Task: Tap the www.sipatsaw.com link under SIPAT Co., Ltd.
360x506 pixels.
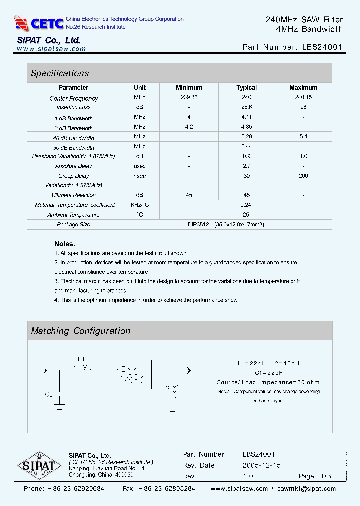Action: pos(51,49)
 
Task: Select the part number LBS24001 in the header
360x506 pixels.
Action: pos(322,47)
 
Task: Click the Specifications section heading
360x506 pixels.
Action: pos(60,73)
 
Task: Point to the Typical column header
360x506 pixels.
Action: pos(246,88)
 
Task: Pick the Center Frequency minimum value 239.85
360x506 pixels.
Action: pos(189,97)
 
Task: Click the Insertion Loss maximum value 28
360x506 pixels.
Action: pos(303,107)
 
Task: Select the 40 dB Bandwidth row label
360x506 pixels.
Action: pos(74,138)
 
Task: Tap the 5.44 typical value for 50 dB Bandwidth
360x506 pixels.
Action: pos(246,147)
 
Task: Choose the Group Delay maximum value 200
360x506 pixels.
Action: pos(303,176)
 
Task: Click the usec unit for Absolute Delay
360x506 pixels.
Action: pos(140,166)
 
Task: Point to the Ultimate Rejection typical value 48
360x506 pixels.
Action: pos(246,195)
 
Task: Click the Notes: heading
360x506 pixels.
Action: pos(65,244)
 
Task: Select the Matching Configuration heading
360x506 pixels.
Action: pos(80,331)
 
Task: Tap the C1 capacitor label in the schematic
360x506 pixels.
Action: pos(49,394)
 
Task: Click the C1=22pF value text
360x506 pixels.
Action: pos(268,373)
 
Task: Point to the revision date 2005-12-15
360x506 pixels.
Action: pos(262,465)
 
